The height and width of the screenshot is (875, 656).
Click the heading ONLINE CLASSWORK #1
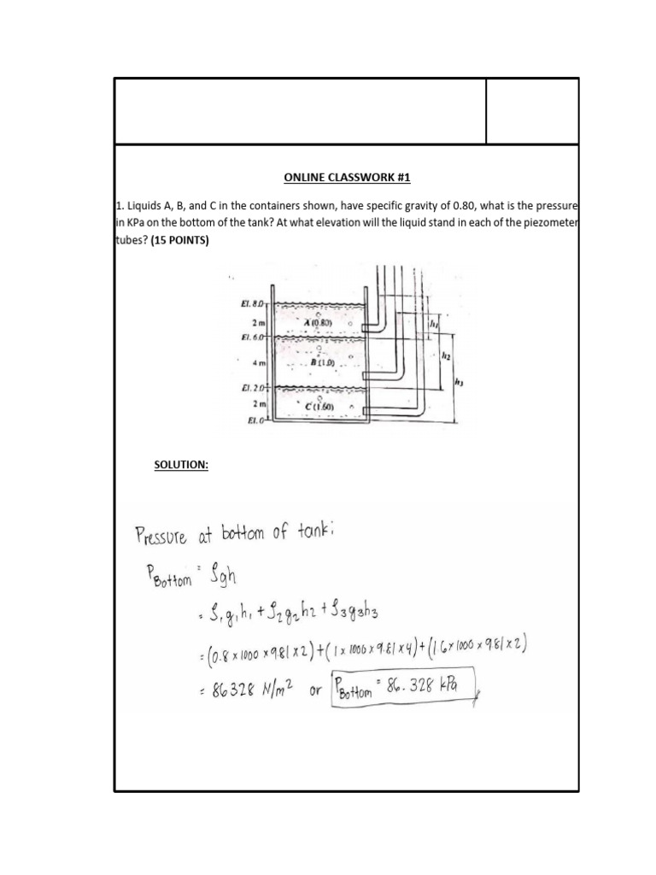[x=347, y=178]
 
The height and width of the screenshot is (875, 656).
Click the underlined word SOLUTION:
[x=181, y=465]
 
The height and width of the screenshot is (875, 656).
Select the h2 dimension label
[x=446, y=357]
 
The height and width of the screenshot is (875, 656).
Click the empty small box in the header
[x=532, y=111]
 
